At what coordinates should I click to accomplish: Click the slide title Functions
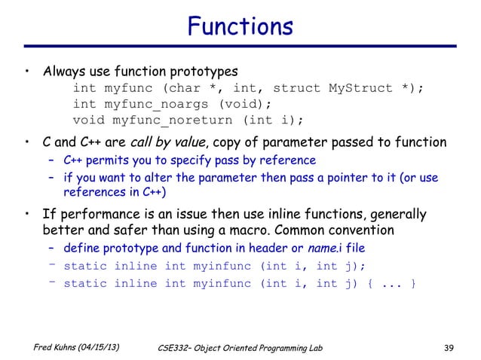(x=240, y=27)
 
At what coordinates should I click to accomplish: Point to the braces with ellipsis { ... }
(x=391, y=284)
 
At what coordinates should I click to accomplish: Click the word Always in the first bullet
(x=64, y=72)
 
